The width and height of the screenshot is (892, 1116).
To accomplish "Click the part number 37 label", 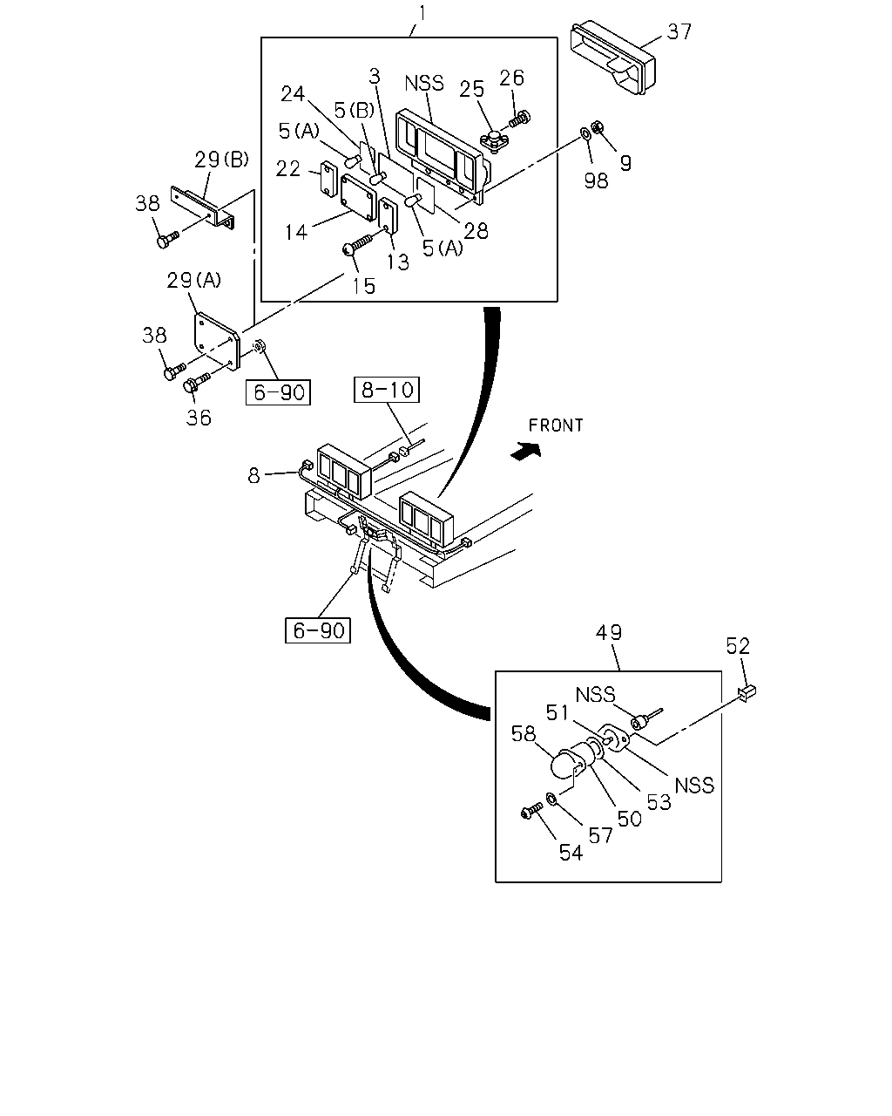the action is [679, 32].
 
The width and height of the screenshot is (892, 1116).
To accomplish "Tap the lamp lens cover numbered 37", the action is [612, 57].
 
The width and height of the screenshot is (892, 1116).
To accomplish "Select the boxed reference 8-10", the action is [387, 390].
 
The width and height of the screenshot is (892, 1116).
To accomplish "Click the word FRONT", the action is [556, 425].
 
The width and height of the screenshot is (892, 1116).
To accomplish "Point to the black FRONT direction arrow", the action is [526, 450].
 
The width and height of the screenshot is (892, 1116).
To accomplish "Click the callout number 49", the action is [609, 632].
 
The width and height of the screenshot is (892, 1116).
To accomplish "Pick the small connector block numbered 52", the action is [747, 693].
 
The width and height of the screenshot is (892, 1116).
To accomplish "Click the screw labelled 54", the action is [531, 811].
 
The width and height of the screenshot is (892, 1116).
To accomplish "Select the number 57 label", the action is [601, 835].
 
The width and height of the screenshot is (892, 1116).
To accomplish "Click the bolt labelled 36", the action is [197, 383].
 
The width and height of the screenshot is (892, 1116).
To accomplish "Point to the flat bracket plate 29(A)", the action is [217, 341].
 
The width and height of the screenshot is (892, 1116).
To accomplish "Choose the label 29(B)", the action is [222, 160].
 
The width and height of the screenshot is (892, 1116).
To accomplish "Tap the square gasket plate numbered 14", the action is [358, 194].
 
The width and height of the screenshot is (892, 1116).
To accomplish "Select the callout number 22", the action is [287, 168].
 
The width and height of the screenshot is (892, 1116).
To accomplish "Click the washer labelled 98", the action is [585, 135].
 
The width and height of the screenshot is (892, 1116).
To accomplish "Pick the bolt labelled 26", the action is [519, 119].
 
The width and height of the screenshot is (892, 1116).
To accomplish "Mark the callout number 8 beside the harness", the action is [253, 475].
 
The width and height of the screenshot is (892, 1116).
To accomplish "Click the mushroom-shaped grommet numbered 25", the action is [493, 140].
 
